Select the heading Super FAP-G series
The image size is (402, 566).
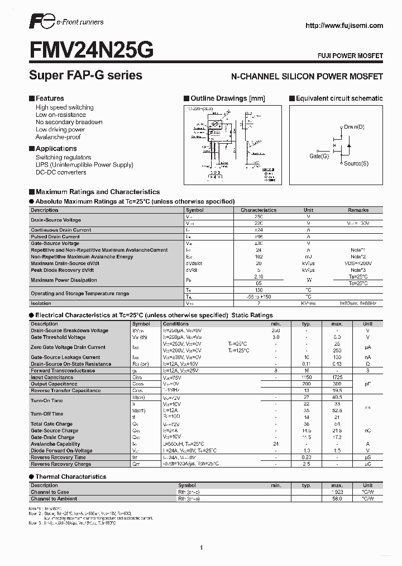[x=85, y=75]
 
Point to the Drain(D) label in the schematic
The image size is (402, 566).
[x=354, y=127]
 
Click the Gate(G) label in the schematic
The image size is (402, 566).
[x=319, y=156]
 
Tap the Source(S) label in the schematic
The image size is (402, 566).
[x=356, y=163]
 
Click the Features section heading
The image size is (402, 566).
[x=50, y=98]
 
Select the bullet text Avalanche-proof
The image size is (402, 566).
[x=58, y=137]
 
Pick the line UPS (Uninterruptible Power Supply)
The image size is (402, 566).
[x=84, y=165]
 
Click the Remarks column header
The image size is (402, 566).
[x=358, y=210]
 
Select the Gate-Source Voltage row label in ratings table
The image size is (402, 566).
[x=55, y=243]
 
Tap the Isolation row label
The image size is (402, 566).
[x=41, y=303]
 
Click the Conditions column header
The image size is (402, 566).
[x=176, y=324]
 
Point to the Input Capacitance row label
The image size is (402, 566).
[x=52, y=378]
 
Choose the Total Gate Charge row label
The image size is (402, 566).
[x=51, y=424]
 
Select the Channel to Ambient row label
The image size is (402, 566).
[x=54, y=498]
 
